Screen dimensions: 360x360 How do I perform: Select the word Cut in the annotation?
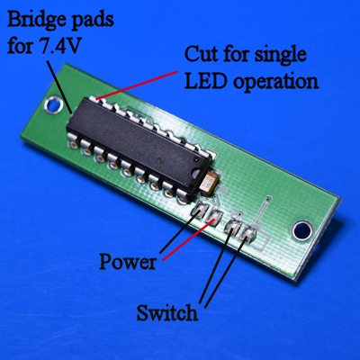coord(202,54)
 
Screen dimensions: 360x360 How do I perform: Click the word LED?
coord(205,81)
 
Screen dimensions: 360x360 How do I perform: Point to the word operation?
coord(275,83)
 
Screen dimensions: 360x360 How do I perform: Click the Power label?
coord(128,262)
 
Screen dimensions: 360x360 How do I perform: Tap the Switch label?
coord(167,312)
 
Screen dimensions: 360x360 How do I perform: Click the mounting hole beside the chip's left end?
coord(54,105)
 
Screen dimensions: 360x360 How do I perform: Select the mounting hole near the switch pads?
coord(302,230)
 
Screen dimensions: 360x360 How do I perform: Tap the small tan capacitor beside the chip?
coord(210,183)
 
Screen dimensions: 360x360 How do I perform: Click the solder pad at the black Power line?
coord(199,210)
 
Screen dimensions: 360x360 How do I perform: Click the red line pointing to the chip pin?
coord(137,85)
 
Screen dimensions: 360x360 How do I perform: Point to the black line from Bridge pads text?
coord(59,87)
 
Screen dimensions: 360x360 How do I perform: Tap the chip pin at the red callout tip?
coord(95,99)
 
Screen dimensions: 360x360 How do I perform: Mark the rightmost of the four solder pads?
coord(247,234)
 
